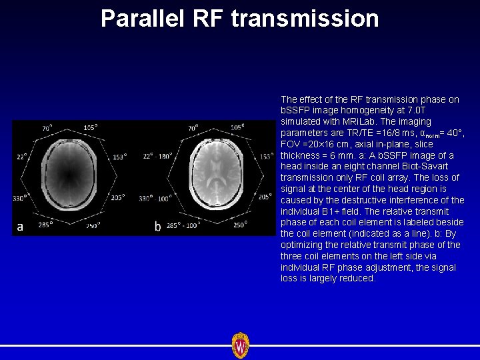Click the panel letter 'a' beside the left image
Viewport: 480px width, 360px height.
[20, 227]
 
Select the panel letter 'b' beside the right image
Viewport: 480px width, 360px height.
[157, 227]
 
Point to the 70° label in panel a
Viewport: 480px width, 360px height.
[47, 128]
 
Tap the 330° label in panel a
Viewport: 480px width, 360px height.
[20, 198]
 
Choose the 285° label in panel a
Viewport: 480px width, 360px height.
[45, 225]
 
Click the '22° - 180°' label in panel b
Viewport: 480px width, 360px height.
[158, 156]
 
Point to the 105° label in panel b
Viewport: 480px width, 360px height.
[237, 127]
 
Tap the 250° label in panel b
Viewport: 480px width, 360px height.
[241, 225]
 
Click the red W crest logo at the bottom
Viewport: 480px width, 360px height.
[240, 345]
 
